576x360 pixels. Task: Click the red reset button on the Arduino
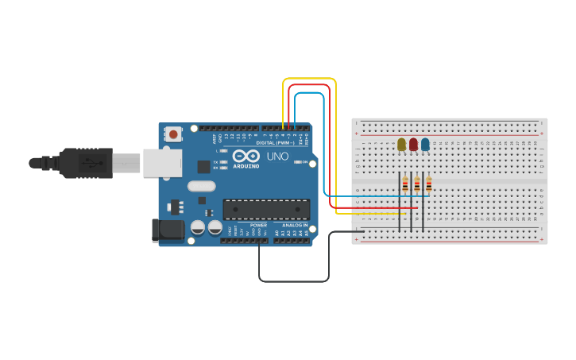(173, 134)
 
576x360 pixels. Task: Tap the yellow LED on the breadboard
(401, 144)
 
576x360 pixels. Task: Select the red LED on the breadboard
(413, 144)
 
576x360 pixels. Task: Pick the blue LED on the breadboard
(425, 144)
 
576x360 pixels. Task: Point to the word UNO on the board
(277, 157)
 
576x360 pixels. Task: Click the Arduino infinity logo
(246, 156)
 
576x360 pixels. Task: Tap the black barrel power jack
(165, 230)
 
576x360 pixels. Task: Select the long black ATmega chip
(266, 209)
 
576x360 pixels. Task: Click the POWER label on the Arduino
(259, 226)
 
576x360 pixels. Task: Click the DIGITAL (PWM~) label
(275, 143)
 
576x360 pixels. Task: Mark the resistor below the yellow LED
(405, 185)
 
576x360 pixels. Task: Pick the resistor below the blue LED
(429, 185)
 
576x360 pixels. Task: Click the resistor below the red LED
(417, 185)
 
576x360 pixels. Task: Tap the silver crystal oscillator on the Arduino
(202, 186)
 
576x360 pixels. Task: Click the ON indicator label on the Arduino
(303, 162)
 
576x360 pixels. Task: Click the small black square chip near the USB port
(204, 167)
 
